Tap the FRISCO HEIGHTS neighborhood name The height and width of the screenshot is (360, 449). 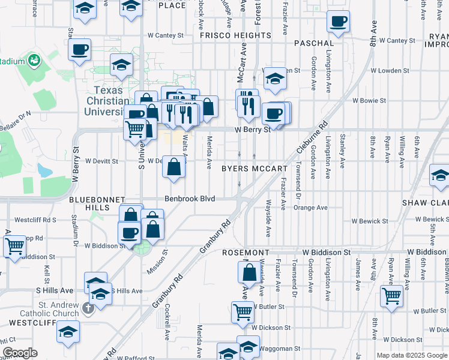coord(235,35)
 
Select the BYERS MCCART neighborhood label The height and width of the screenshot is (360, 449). coord(255,169)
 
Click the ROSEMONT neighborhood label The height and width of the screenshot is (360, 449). coord(244,253)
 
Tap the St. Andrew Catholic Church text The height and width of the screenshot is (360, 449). coord(58,309)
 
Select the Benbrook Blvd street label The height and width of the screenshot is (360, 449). coord(190,198)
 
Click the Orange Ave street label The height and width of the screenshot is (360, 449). coord(310,208)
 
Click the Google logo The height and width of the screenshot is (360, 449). coord(20,353)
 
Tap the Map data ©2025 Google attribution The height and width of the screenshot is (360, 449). coord(412,355)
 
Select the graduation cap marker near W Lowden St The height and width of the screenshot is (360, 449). coord(274,79)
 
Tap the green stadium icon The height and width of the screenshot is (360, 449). coord(33,61)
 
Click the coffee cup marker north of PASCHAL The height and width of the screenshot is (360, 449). coord(338,22)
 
